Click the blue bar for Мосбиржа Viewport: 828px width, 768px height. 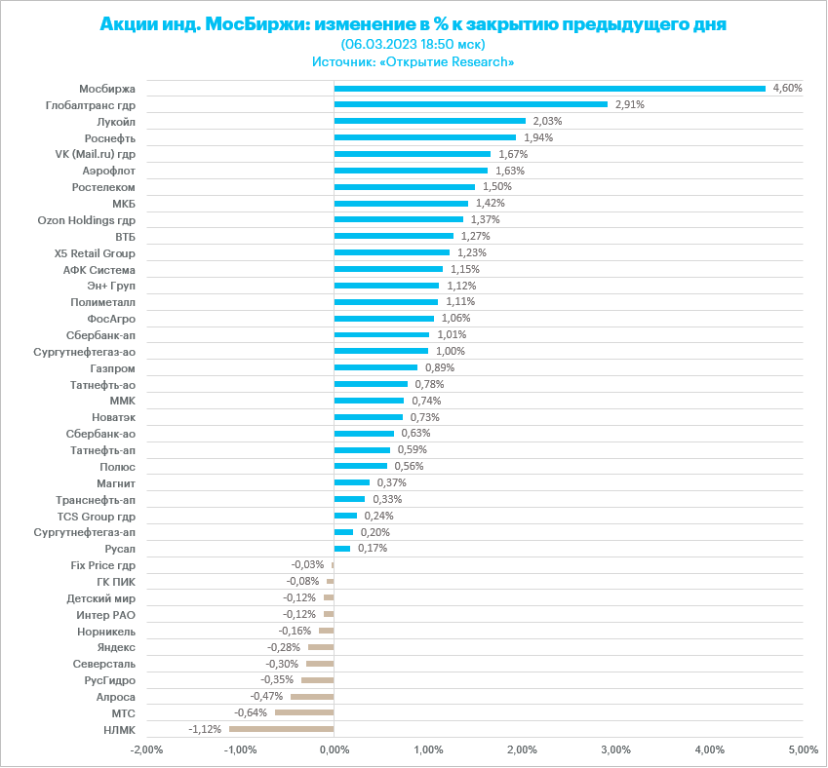pos(549,88)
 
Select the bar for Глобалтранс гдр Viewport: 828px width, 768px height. pos(470,104)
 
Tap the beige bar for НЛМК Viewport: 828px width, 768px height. pos(281,729)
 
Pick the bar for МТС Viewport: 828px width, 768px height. pos(304,712)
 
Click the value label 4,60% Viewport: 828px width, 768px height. pos(787,88)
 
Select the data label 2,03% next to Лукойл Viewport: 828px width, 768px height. pos(548,121)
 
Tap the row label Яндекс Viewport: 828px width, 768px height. pos(116,647)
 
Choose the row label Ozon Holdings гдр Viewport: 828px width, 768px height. pos(86,220)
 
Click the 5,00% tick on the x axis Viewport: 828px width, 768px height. pos(802,749)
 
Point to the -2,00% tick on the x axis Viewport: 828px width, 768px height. pos(146,749)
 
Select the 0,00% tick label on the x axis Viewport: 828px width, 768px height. pos(334,749)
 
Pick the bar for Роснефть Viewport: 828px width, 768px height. pos(424,137)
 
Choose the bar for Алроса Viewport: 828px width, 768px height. pos(312,696)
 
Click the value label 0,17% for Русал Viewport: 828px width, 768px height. pos(373,548)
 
